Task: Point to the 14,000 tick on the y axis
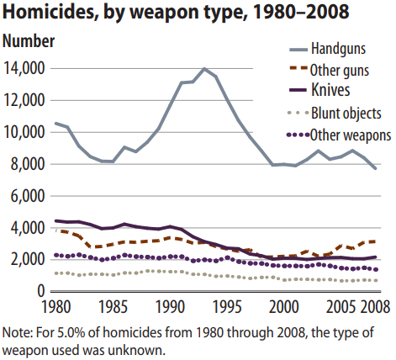tap(24, 68)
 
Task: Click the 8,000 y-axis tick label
tap(28, 164)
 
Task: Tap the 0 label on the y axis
tap(41, 291)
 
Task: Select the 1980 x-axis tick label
tap(56, 307)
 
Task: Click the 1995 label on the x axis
tap(227, 307)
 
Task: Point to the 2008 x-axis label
tap(375, 307)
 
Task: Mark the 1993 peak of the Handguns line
tap(204, 68)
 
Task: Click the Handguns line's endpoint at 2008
tap(376, 168)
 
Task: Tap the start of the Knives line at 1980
tap(56, 221)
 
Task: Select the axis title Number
tap(29, 41)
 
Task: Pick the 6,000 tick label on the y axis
tap(28, 196)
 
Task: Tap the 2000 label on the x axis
tap(284, 307)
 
